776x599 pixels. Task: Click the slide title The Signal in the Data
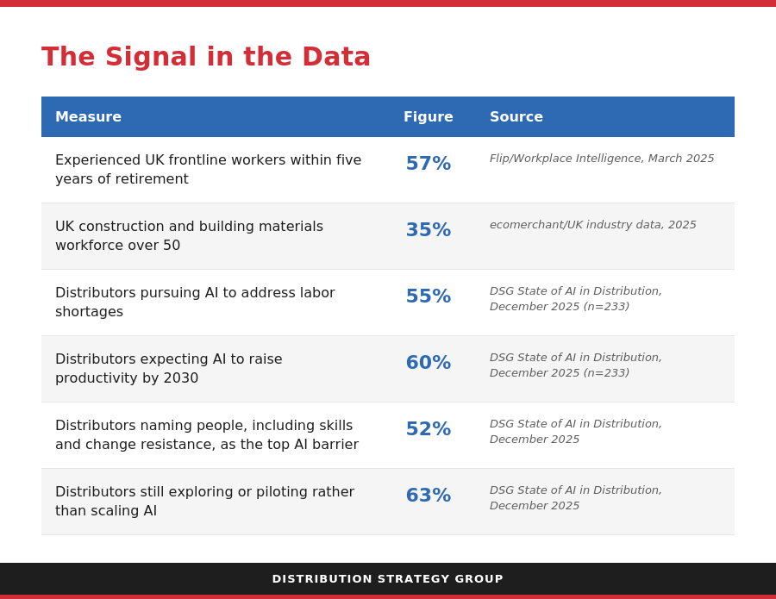[206, 57]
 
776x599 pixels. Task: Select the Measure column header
[88, 116]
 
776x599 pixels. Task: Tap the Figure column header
[428, 116]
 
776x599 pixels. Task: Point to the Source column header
[516, 116]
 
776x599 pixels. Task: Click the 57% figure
[428, 163]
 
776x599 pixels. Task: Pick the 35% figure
[428, 229]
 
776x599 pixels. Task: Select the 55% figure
[428, 296]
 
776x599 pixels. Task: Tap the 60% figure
[428, 362]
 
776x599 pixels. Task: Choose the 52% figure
[428, 428]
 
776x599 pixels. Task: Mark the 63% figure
[428, 495]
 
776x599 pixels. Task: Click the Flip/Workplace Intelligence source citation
[602, 159]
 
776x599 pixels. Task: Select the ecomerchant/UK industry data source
[593, 225]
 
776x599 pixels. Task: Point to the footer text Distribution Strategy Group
[387, 578]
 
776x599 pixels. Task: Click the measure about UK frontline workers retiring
[209, 170]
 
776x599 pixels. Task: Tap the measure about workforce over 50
[189, 236]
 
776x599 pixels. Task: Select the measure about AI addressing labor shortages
[195, 303]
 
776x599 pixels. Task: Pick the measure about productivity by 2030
[169, 369]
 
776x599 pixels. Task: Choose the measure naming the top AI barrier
[207, 434]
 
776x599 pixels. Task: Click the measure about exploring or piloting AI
[205, 501]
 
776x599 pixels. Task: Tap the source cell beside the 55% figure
[576, 299]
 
